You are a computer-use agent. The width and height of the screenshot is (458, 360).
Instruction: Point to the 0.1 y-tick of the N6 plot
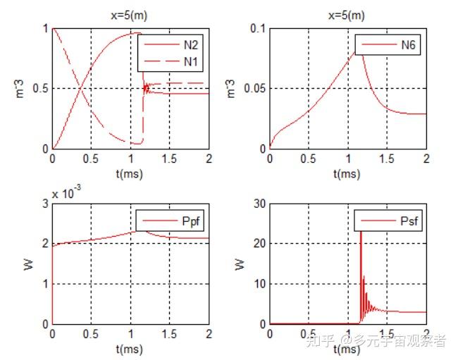[257, 28]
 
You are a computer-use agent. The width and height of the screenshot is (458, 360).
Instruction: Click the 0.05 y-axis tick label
[253, 89]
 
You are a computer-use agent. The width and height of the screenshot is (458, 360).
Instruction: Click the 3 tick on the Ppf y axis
[44, 204]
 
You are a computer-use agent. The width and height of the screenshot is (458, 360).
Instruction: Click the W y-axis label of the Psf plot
[239, 264]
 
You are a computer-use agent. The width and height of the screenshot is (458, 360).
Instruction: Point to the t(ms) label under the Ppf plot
[130, 348]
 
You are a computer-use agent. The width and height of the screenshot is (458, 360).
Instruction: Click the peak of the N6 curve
[359, 51]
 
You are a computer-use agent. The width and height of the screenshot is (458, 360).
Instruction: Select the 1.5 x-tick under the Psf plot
[387, 334]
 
